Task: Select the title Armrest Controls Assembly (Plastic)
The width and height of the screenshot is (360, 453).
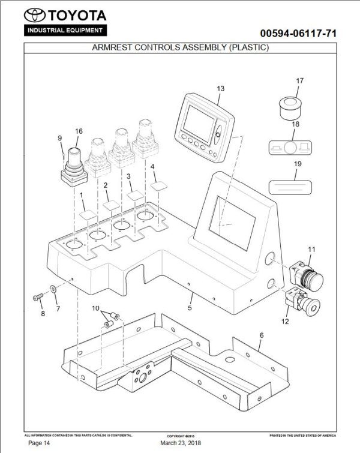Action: [x=179, y=47]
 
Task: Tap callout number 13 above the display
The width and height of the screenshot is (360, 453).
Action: [x=221, y=88]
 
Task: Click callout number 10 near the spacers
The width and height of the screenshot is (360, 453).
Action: [x=95, y=308]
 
